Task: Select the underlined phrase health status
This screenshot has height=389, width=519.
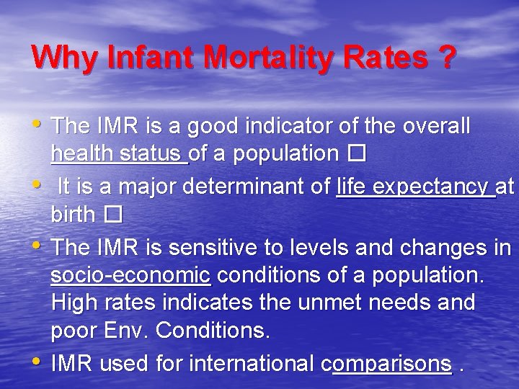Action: [x=119, y=154]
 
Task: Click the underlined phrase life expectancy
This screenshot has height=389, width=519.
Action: [x=415, y=187]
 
